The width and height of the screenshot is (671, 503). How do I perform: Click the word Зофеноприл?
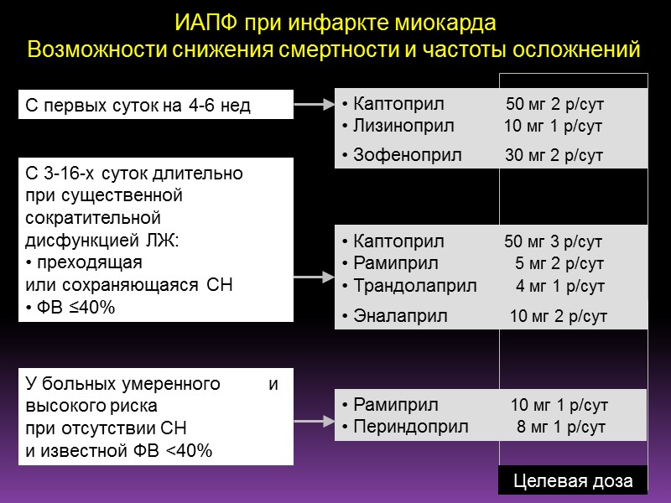pos(396,155)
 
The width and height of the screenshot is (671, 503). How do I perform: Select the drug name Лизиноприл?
pos(399,127)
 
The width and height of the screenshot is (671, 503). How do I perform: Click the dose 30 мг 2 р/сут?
pos(554,155)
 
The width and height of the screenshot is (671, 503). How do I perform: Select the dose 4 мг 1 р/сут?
pos(560,286)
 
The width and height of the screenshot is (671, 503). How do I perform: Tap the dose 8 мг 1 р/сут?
pos(561,427)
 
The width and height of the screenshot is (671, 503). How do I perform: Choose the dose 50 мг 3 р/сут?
pos(554,242)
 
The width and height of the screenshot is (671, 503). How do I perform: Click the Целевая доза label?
pos(574,481)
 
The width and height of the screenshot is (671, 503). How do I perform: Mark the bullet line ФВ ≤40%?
pos(74,308)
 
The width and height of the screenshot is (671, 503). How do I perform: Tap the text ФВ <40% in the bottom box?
pos(178,450)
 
